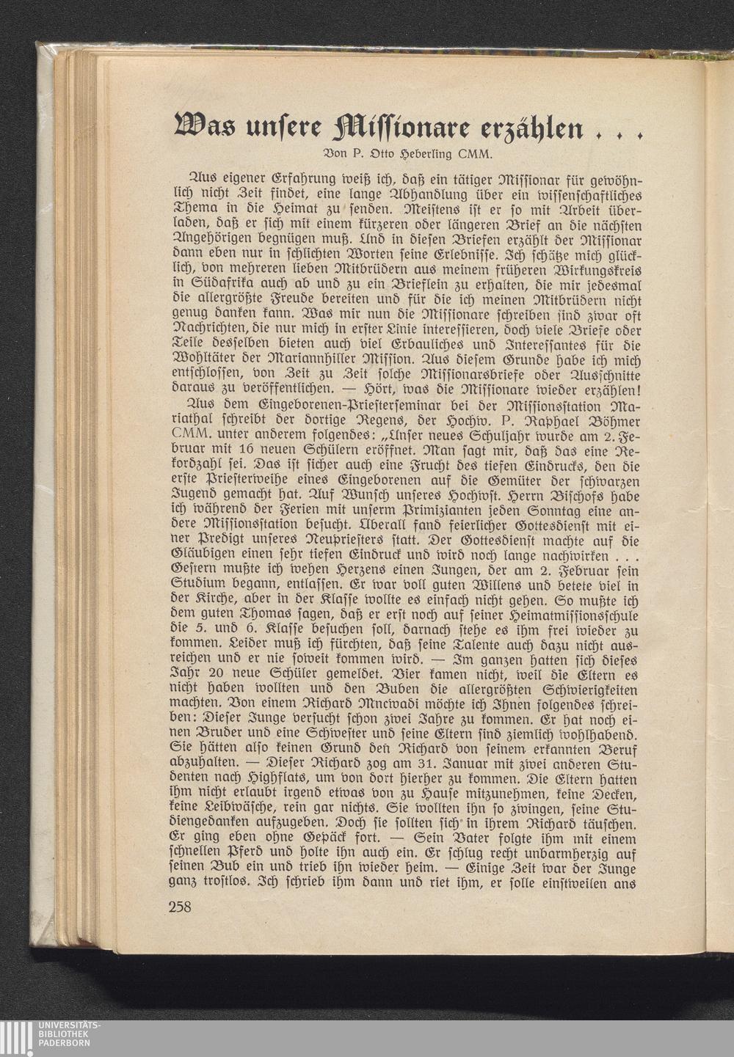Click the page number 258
180,907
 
